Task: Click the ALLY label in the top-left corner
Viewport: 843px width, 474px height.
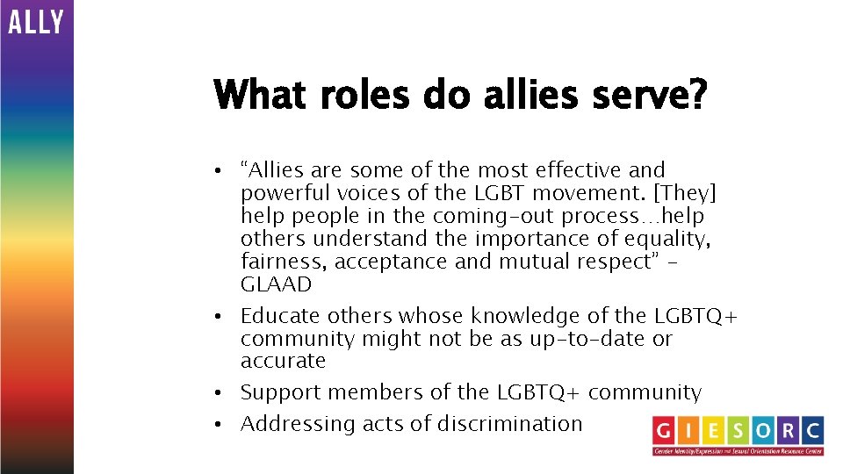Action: point(36,21)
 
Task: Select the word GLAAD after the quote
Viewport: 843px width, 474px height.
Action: point(276,284)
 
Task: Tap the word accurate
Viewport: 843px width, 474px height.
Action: point(283,362)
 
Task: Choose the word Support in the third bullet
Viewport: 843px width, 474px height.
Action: point(283,393)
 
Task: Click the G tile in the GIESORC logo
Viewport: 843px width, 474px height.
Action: point(665,430)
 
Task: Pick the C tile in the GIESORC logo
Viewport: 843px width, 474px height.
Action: point(811,430)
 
